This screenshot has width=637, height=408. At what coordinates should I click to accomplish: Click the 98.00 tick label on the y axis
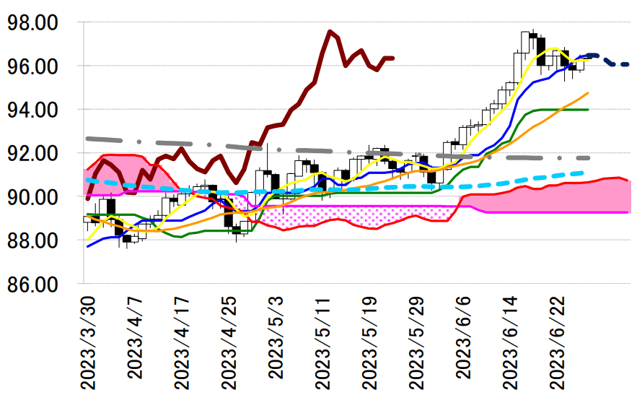click(x=32, y=23)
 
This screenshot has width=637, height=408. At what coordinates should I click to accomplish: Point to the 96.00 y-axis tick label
click(x=32, y=66)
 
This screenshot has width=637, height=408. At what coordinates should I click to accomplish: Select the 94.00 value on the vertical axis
click(x=32, y=110)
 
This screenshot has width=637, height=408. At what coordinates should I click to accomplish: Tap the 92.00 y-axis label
click(x=32, y=153)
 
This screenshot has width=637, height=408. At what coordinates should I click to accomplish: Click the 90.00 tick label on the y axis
click(x=32, y=196)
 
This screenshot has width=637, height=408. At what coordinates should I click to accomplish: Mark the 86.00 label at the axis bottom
click(x=32, y=284)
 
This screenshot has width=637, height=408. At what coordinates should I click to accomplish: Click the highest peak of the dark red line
click(x=330, y=31)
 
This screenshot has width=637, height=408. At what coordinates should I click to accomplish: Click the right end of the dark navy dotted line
click(x=627, y=65)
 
